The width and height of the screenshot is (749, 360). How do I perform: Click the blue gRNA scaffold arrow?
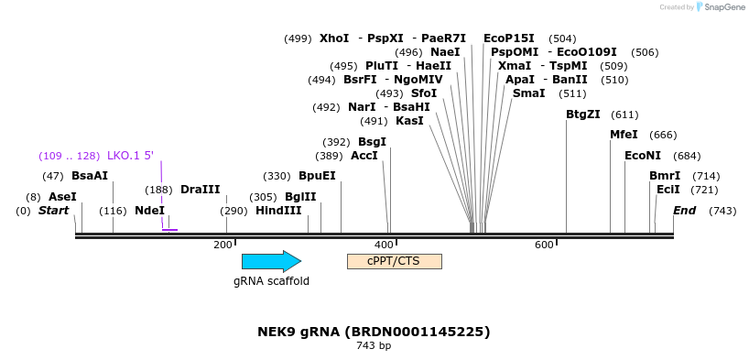click(271, 261)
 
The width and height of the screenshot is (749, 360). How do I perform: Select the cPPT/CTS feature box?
click(394, 261)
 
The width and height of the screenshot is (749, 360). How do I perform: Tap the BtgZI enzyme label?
click(583, 115)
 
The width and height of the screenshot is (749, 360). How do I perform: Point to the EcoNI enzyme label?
click(642, 156)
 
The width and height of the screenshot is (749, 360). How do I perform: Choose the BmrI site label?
click(665, 176)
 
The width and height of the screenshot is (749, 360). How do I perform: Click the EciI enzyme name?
click(668, 190)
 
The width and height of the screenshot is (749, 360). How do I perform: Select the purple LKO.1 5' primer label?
click(130, 156)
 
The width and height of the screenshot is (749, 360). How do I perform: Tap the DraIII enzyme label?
click(201, 190)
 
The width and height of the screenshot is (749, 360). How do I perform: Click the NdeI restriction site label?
click(149, 211)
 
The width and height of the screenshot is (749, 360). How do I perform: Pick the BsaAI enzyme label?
click(90, 176)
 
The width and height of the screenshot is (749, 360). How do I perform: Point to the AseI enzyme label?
click(62, 197)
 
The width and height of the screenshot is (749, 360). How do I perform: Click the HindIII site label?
click(278, 211)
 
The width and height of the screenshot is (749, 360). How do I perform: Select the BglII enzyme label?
click(300, 197)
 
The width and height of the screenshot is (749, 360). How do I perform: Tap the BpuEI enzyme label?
click(317, 176)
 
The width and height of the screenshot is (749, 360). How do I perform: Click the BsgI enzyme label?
click(372, 142)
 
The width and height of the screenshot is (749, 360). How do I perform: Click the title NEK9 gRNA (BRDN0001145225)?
click(374, 331)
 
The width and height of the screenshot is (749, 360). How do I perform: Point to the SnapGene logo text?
click(722, 7)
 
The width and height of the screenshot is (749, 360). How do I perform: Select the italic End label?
click(684, 211)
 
